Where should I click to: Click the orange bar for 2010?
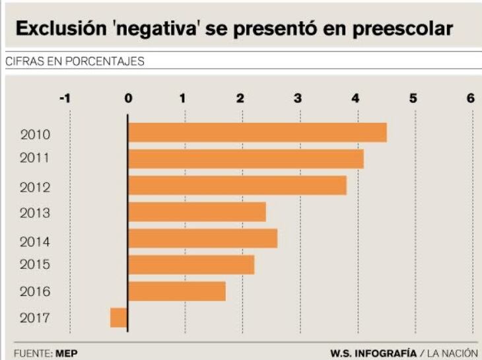pos(257,133)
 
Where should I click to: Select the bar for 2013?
pos(197,212)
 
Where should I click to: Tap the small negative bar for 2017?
pos(119,318)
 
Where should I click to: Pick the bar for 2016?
pos(177,291)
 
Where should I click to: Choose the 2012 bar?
pos(237,186)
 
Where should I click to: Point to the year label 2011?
pos(36,159)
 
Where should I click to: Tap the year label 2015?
pos(36,264)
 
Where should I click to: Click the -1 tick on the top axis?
pos(65,98)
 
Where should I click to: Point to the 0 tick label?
pos(128,98)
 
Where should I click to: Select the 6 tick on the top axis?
pos(471,98)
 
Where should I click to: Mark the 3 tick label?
pos(298,98)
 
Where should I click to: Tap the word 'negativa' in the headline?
pos(153,29)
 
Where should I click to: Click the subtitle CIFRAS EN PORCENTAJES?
pos(75,61)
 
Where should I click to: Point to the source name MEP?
pos(67,353)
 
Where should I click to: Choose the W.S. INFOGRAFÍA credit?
pos(373,353)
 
